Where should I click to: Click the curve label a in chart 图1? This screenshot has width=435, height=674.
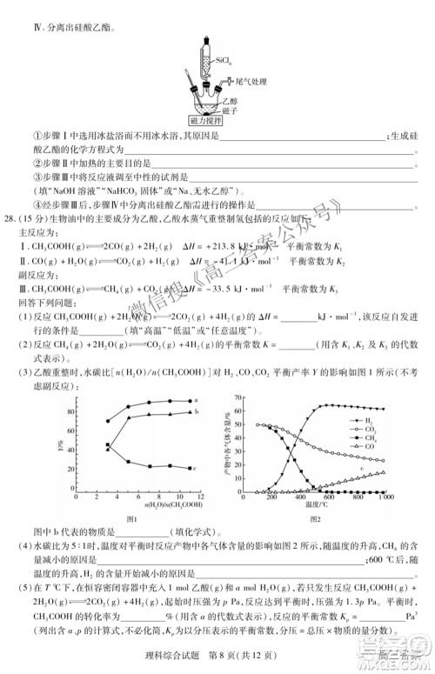click(x=197, y=401)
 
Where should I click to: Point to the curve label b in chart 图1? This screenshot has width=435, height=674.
click(x=197, y=412)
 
